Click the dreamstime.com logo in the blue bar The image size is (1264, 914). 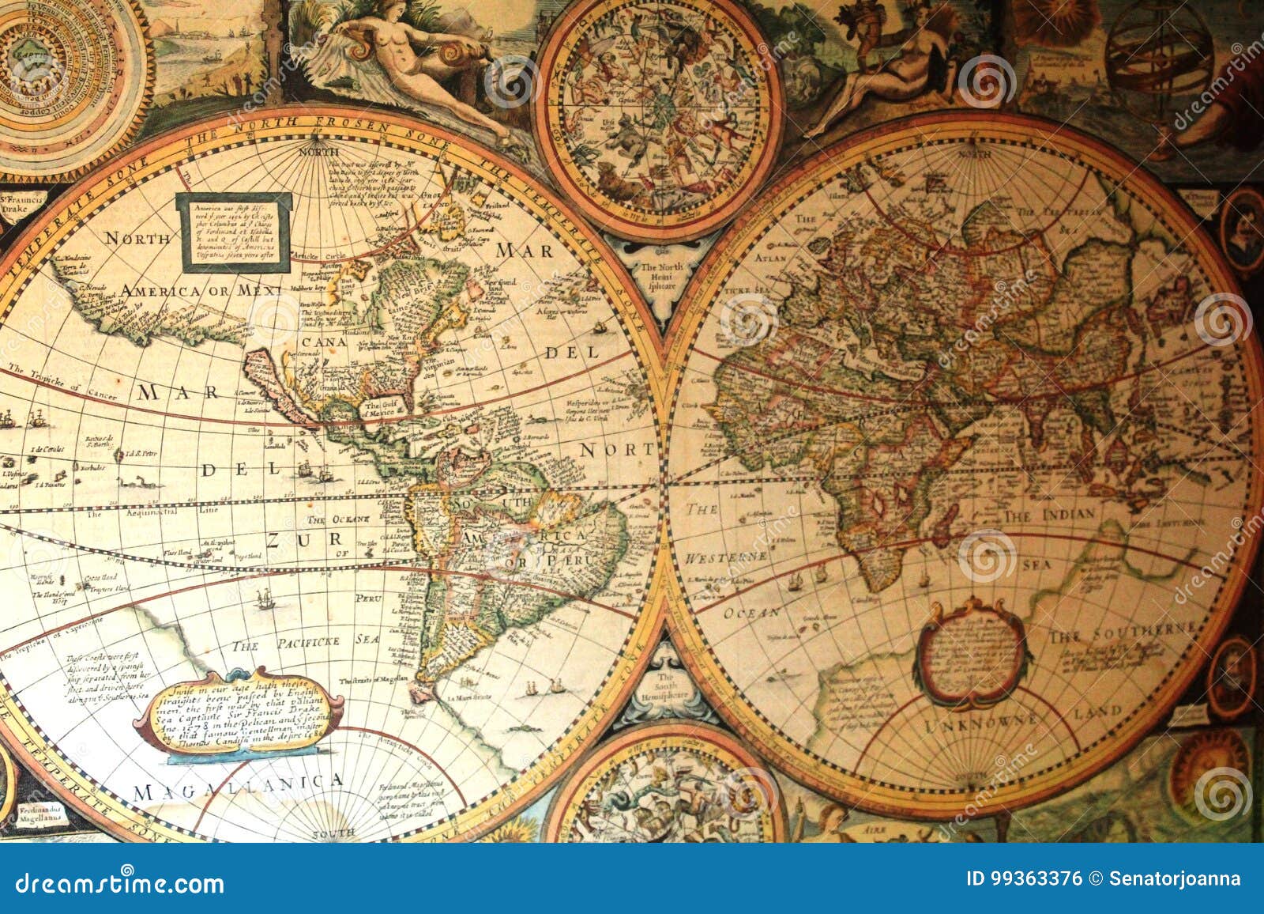click(x=120, y=882)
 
